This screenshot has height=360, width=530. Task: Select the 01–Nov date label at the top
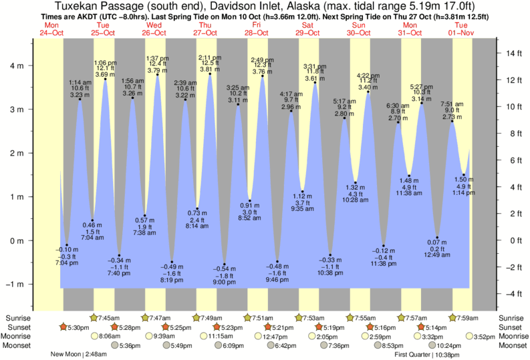tap(461, 32)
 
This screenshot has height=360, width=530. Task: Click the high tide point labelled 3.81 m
tap(210, 74)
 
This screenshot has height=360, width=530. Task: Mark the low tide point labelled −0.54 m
tap(225, 264)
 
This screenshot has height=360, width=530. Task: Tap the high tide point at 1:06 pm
tap(105, 79)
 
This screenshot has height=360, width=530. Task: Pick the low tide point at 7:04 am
tap(92, 220)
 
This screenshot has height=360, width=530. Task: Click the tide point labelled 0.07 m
tap(437, 238)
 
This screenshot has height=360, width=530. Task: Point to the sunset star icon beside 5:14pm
tap(420, 327)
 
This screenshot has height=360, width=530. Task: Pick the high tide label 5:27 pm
tap(421, 86)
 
